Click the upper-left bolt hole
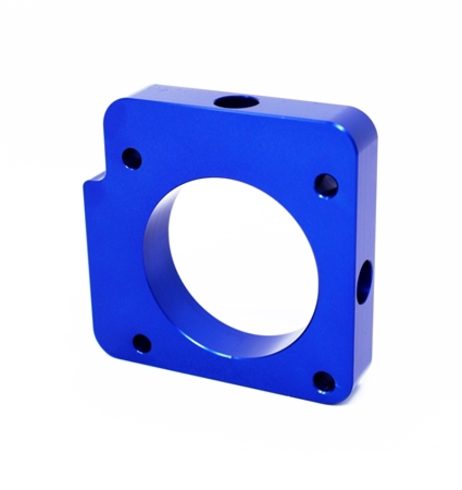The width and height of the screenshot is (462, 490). [x=132, y=157]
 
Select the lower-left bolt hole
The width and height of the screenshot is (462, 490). [x=141, y=344]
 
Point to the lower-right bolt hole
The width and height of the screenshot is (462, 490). [x=324, y=381]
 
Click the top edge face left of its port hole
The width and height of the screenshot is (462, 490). [x=173, y=94]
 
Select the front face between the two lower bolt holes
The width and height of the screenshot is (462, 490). [x=231, y=370]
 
